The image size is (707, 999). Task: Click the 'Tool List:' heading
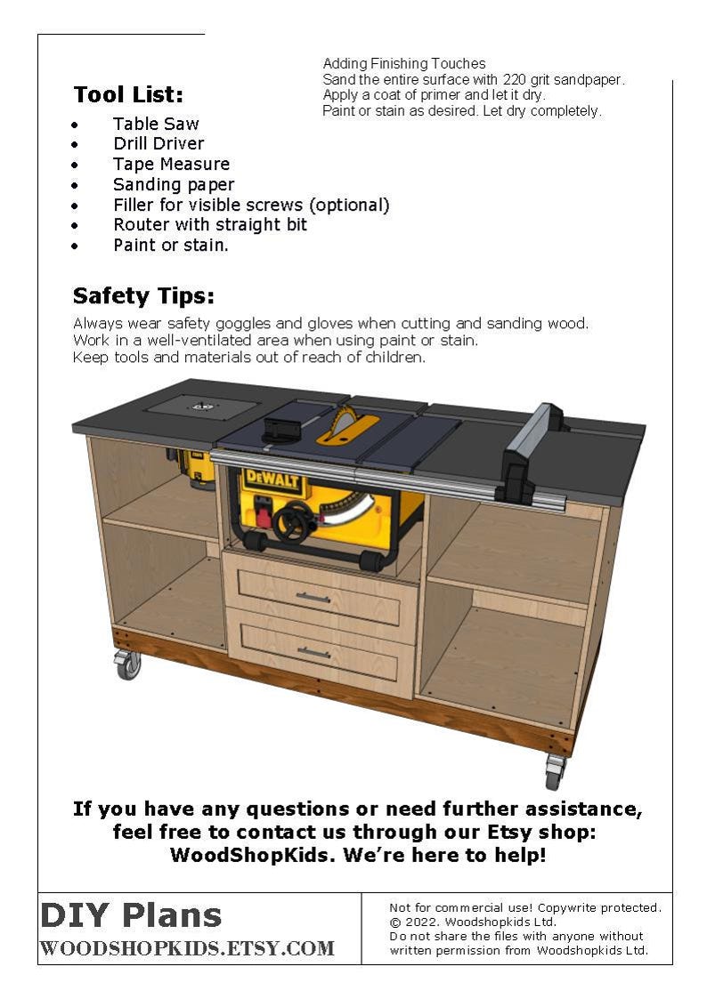pyautogui.click(x=128, y=94)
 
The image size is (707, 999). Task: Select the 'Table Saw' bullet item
pyautogui.click(x=156, y=124)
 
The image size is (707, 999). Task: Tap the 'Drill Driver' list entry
pyautogui.click(x=158, y=143)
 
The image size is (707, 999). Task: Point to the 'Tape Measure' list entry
pyautogui.click(x=171, y=164)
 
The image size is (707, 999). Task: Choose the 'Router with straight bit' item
pyautogui.click(x=210, y=224)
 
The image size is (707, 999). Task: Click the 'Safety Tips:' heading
pyautogui.click(x=143, y=295)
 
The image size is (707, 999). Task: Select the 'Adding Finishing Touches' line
pyautogui.click(x=404, y=63)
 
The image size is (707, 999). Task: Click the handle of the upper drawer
pyautogui.click(x=313, y=597)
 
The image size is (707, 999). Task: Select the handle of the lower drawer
pyautogui.click(x=314, y=652)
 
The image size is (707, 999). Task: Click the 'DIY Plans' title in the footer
pyautogui.click(x=131, y=914)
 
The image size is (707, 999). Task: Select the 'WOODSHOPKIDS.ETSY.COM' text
pyautogui.click(x=187, y=948)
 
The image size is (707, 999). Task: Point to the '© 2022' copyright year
pyautogui.click(x=412, y=922)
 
